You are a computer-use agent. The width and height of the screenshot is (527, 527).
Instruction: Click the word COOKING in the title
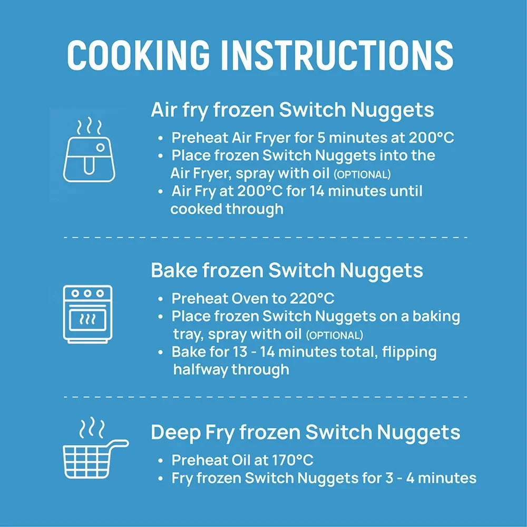coord(139,55)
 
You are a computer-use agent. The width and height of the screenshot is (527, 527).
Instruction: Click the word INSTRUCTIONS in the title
coord(337,55)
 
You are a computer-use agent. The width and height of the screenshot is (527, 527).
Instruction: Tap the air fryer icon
coord(89,150)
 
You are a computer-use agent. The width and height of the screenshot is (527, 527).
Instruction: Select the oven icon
coord(87,314)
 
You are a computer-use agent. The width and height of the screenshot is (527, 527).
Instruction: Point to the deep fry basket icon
coord(95,447)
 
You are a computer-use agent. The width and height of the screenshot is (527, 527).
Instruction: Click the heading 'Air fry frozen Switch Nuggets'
coord(292,110)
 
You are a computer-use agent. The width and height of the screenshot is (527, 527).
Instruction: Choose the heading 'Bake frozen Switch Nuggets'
coord(287,270)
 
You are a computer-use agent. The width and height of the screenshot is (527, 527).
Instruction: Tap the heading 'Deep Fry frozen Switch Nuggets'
coord(305,432)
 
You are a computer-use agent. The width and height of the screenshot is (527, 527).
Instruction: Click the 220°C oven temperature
coord(312,298)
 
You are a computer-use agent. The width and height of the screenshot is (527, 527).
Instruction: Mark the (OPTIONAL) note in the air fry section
coord(362,175)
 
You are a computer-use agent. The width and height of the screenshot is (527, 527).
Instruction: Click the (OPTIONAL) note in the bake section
coord(335,335)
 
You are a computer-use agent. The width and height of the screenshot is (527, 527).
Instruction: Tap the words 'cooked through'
coord(227,209)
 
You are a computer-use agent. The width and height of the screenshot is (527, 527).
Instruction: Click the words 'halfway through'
coord(231,369)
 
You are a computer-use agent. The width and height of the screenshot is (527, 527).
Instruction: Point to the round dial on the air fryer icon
coord(100,147)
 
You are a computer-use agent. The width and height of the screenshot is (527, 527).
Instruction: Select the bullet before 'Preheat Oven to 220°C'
coord(161,299)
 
